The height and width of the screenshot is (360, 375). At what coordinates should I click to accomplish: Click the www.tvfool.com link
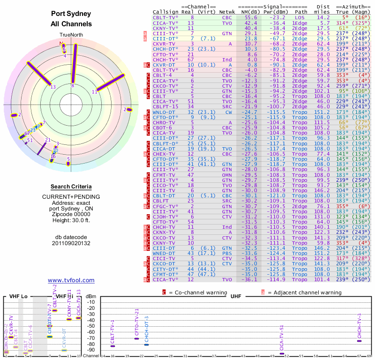[x=71, y=280]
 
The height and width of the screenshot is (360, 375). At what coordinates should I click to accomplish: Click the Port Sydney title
[x=71, y=14]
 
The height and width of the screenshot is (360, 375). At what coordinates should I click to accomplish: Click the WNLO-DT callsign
[x=164, y=112]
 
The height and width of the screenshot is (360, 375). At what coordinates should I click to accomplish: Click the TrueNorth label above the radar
[x=71, y=35]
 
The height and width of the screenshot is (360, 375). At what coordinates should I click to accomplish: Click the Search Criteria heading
[x=71, y=187]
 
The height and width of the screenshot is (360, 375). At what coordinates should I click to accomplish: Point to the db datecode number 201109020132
[x=71, y=243]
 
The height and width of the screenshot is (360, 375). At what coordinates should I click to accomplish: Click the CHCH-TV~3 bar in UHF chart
[x=359, y=341]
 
